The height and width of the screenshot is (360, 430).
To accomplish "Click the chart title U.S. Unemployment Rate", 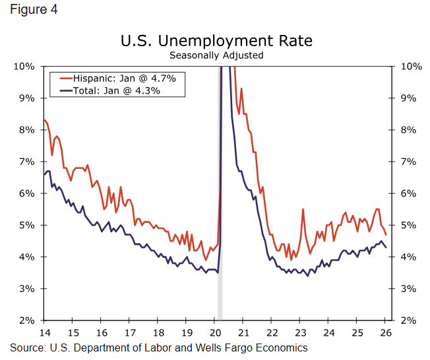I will click(x=216, y=41).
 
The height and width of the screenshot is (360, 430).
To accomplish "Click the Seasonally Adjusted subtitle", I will click(x=216, y=55).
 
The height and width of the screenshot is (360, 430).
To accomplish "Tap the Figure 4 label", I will click(x=30, y=10).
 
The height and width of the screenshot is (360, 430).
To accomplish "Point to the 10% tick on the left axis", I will click(x=24, y=67).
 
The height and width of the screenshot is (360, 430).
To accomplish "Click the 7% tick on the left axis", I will click(x=27, y=162).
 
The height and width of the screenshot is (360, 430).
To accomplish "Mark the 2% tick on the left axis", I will click(x=27, y=320).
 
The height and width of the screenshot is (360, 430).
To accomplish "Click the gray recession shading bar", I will click(x=220, y=198).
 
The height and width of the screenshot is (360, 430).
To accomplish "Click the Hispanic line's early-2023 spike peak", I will click(x=303, y=209).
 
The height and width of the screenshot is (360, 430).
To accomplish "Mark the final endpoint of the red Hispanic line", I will click(x=386, y=235).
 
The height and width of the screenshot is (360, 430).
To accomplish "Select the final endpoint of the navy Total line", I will click(x=386, y=247).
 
